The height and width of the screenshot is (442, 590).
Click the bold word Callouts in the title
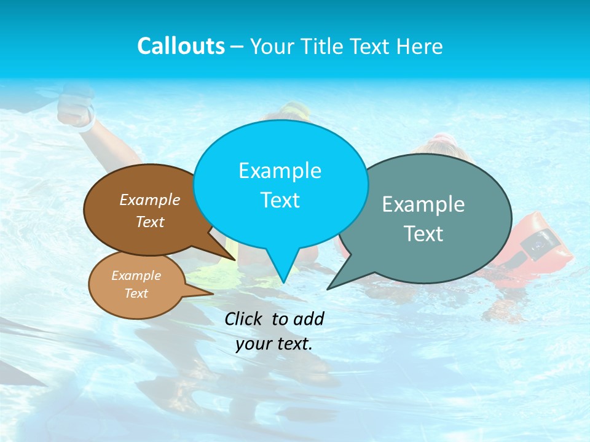181,47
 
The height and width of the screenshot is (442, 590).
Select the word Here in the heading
420,47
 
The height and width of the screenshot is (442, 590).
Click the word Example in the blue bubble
280,171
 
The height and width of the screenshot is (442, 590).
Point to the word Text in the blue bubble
280,200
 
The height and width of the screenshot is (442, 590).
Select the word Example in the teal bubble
423,204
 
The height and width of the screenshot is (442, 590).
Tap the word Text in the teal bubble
423,234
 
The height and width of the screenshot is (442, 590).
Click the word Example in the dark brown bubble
150,200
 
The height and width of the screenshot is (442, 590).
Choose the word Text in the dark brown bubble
150,222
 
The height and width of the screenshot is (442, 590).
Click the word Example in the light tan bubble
136,276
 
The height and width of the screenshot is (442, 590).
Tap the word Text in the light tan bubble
136,293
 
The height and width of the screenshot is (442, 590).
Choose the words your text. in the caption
274,344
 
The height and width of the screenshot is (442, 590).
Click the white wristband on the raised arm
87,122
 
